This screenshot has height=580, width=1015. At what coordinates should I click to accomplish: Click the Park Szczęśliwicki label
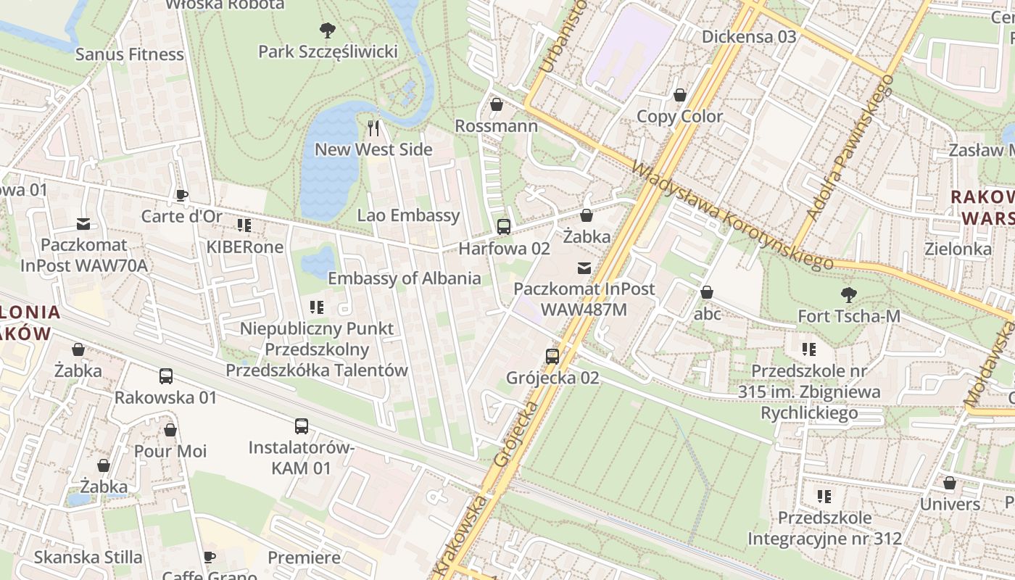click(x=328, y=51)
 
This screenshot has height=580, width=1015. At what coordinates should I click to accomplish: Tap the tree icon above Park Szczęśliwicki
click(x=327, y=30)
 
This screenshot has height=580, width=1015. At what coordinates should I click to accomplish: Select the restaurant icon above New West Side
click(x=374, y=128)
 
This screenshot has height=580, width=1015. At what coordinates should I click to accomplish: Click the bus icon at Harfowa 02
click(x=504, y=227)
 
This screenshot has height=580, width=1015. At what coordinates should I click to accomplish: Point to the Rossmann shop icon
click(x=497, y=105)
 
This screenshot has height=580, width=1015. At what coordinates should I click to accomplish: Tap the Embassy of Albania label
click(x=404, y=278)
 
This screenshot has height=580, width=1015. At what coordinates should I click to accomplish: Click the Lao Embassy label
click(x=408, y=215)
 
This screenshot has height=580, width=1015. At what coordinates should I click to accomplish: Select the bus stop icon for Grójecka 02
click(x=552, y=357)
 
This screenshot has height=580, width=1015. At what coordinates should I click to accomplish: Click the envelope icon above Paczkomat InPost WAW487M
click(x=584, y=268)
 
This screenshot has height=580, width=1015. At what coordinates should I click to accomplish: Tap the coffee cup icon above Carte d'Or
click(x=181, y=195)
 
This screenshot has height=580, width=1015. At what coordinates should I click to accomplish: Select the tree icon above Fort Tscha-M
click(x=848, y=295)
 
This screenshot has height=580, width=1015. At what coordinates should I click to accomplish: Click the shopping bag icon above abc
click(x=707, y=293)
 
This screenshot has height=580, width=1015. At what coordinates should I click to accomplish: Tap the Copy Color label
click(x=679, y=117)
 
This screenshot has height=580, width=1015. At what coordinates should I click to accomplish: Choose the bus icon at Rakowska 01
click(x=166, y=376)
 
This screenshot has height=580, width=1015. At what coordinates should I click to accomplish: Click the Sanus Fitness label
click(x=130, y=54)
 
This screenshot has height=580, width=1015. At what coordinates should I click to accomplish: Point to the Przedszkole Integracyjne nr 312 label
click(x=824, y=529)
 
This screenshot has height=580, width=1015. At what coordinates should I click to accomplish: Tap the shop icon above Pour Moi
click(x=170, y=430)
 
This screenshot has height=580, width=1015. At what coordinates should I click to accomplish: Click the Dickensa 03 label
click(x=749, y=36)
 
